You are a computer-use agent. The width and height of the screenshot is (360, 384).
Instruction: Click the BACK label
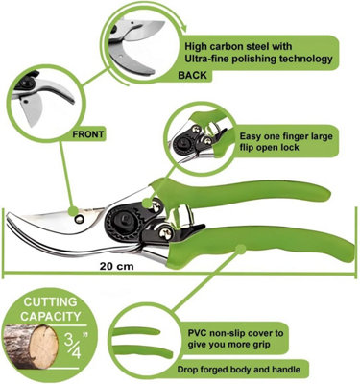192,75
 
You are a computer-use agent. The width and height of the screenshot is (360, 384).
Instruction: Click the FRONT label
88,134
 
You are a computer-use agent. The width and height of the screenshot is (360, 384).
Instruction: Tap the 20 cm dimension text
116,266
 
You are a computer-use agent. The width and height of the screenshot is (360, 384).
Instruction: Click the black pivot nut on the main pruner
125,220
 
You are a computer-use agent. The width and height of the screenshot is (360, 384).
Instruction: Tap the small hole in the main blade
79,220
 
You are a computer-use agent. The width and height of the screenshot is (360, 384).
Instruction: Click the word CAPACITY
51,317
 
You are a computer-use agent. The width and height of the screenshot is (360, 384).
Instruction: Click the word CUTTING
51,301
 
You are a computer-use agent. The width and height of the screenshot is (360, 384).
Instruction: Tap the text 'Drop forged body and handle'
239,370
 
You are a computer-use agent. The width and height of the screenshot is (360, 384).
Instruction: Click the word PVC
197,333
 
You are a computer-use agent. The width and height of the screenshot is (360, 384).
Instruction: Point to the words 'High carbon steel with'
238,46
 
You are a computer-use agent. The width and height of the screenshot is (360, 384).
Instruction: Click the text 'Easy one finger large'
286,136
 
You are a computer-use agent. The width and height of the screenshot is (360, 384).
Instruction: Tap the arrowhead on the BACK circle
183,27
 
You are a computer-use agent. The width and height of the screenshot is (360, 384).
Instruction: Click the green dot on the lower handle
240,249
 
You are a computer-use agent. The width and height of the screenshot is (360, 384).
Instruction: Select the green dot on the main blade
73,211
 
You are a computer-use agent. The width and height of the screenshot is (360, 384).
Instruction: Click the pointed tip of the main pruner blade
7,214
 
